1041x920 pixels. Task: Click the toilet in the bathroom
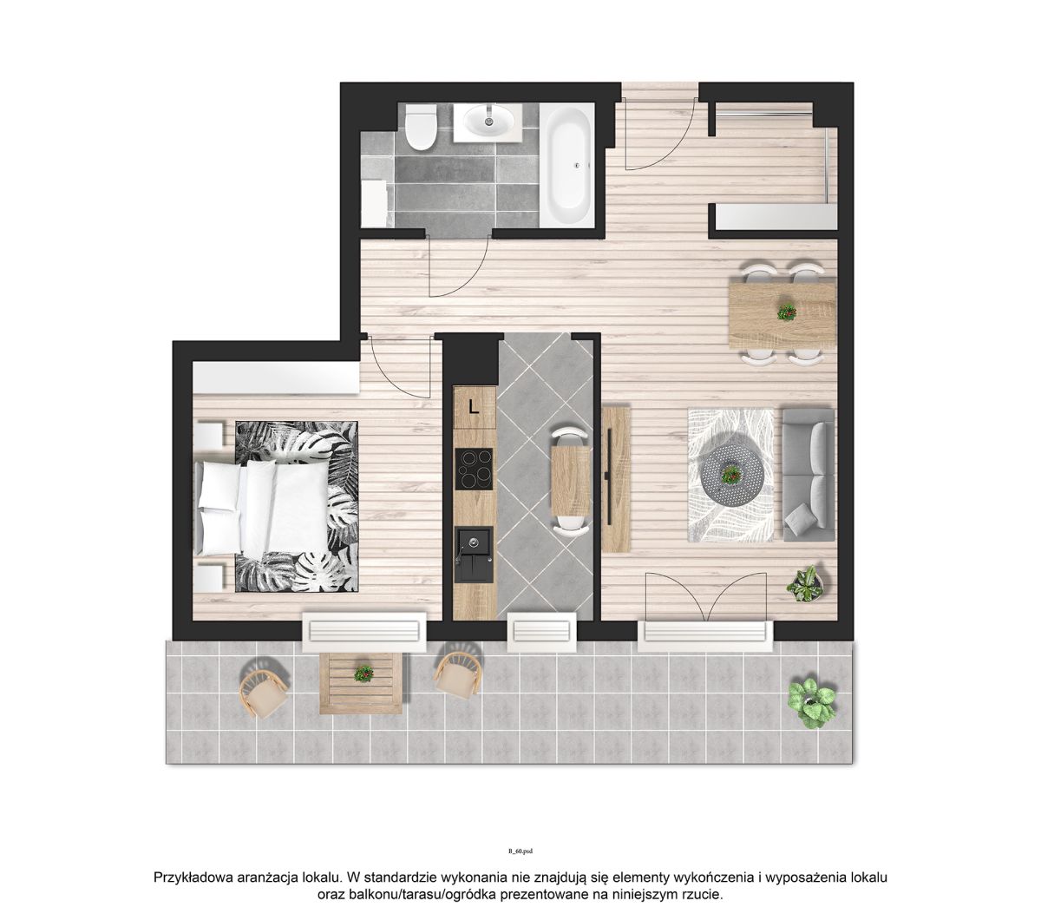pyautogui.click(x=420, y=127)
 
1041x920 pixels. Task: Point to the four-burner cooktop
pyautogui.click(x=474, y=469)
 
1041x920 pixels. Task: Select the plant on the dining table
pyautogui.click(x=786, y=312)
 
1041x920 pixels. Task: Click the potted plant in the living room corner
pyautogui.click(x=808, y=583)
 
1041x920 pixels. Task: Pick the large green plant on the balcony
pyautogui.click(x=812, y=703)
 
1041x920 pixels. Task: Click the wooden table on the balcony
pyautogui.click(x=361, y=682)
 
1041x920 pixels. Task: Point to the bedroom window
pyautogui.click(x=364, y=632)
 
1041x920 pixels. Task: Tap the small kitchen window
pyautogui.click(x=542, y=632)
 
